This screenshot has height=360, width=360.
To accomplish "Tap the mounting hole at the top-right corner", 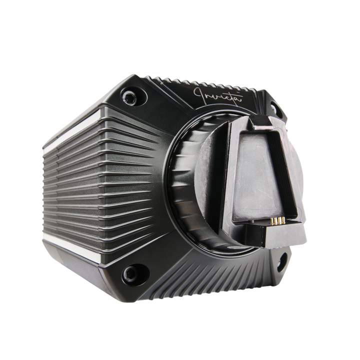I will point(274,107).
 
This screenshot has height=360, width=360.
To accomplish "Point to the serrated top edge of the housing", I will point(190,79).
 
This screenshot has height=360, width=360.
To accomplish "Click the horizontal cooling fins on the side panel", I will point(100,190).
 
